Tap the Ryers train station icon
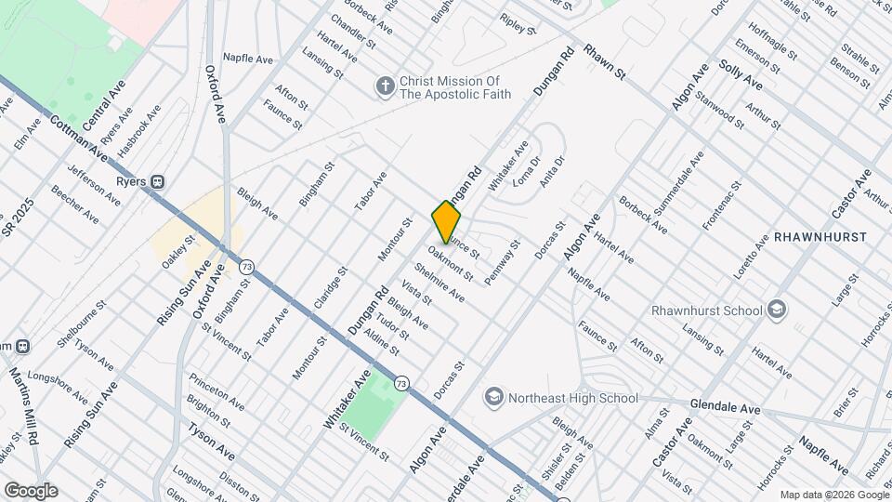tap(159, 181)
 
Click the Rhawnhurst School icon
tap(778, 310)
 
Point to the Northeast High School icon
tap(493, 398)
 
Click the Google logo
tap(31, 491)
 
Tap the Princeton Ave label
tap(216, 391)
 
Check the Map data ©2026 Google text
tap(833, 495)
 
